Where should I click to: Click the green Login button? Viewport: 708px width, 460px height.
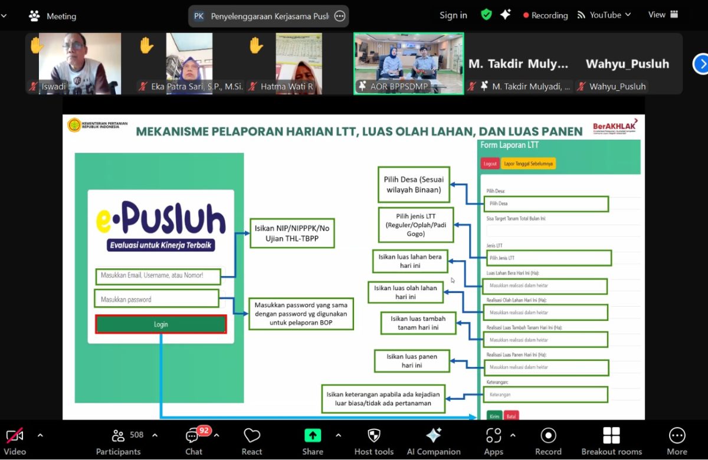coord(160,324)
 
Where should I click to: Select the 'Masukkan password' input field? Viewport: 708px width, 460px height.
coord(156,299)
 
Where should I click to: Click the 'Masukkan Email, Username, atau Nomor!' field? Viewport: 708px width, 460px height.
coord(158,275)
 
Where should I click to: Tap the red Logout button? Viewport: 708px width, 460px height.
coord(490,164)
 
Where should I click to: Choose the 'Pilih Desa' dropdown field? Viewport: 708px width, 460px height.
coord(545,203)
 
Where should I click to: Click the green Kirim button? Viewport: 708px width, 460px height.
coord(494,416)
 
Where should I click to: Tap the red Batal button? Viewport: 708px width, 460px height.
coord(511,416)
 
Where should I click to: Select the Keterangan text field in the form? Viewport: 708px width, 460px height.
coord(545,395)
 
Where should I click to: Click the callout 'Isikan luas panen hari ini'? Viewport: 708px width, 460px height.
coord(412,361)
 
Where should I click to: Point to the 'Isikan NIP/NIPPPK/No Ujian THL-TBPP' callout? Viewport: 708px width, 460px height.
coord(291,233)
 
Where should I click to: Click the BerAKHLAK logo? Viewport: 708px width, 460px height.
coord(615,128)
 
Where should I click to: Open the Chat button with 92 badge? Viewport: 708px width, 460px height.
coord(194,441)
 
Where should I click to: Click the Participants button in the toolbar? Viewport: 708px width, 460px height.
coord(119,441)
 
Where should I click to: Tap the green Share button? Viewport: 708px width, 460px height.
coord(312,441)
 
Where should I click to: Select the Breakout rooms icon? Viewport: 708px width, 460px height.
coord(611,441)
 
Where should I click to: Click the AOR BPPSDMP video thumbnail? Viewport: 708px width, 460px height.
coord(408,63)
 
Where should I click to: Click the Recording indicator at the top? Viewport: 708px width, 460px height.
coord(545,15)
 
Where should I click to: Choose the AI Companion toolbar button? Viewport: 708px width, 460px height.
coord(434,441)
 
